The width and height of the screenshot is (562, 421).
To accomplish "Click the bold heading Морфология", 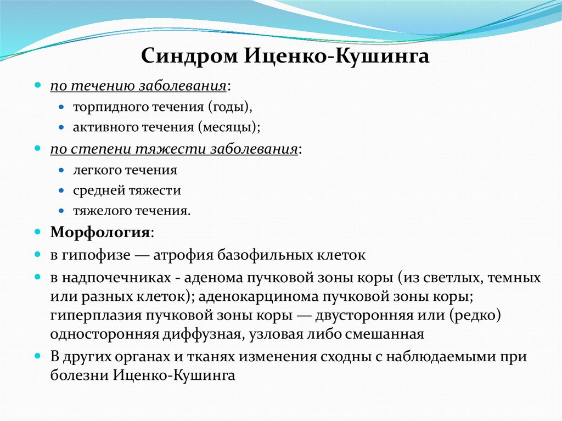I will (100, 232).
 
